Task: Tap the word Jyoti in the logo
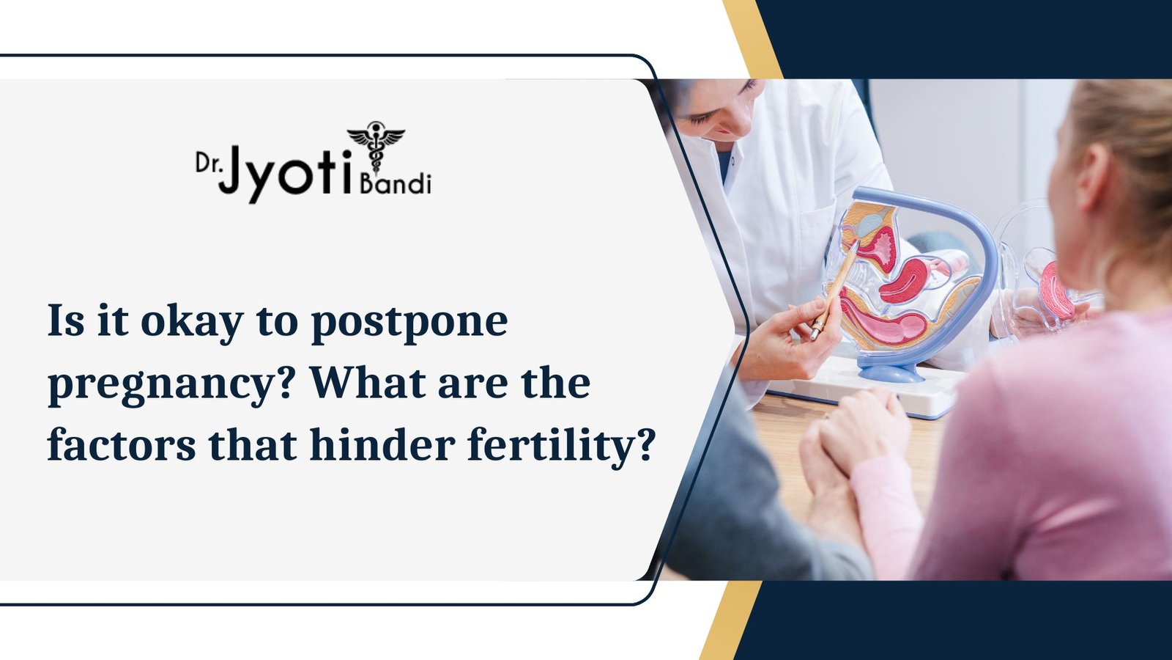[288, 173]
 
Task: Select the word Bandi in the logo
[396, 183]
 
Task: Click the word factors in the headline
[122, 444]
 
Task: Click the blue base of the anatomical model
[889, 370]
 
